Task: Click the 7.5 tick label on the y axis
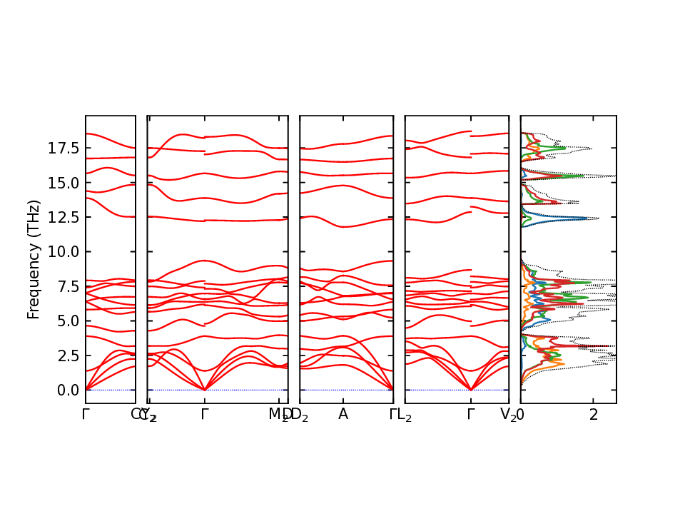68,286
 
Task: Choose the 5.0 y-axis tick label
68,321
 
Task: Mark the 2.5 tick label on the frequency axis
68,356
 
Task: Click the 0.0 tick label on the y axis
68,390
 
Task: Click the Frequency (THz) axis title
34,259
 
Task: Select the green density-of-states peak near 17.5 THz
564,148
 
